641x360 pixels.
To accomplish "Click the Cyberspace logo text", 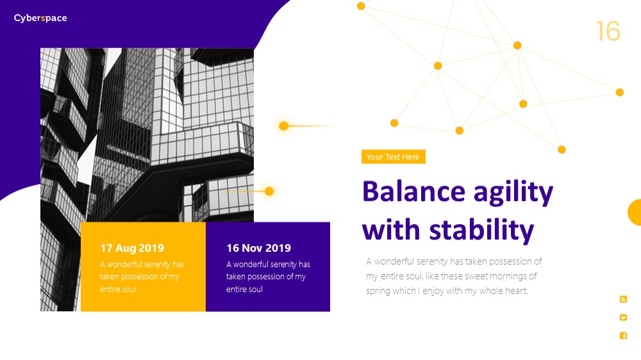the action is coord(40,19).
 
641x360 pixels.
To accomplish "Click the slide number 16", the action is coord(608,31).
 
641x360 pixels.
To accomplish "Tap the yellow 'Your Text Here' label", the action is coord(394,157).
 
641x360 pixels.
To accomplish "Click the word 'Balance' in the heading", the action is coord(413,192).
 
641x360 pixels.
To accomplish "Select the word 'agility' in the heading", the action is coord(513,193).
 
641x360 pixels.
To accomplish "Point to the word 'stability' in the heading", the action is coord(481,230).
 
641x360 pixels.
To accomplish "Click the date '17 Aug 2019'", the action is coord(132,248).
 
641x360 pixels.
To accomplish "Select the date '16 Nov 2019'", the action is coord(259,248).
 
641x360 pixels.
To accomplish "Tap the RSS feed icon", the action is coord(623,300).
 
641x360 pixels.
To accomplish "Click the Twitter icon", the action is coord(623,318).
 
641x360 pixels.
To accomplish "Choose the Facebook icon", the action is coord(623,336).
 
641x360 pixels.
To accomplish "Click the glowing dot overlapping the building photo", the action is coord(269,192).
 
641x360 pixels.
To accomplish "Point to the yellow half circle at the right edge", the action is coord(635,213).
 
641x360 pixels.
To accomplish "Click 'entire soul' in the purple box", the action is coord(244,290).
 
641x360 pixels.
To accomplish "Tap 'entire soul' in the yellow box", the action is coord(118,290).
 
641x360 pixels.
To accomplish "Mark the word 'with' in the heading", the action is coord(391,229).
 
